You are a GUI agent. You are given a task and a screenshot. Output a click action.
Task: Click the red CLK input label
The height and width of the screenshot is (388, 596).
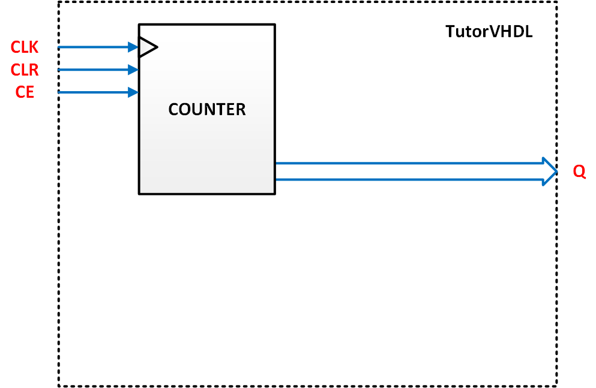[x=25, y=47]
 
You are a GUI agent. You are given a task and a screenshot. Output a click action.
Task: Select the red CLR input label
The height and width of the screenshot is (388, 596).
[x=25, y=70]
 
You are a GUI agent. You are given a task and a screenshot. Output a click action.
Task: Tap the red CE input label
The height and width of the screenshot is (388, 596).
[x=25, y=92]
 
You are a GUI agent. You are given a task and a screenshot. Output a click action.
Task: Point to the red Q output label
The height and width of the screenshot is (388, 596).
[x=579, y=172]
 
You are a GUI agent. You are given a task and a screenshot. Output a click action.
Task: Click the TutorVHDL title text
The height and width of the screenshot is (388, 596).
[x=489, y=32]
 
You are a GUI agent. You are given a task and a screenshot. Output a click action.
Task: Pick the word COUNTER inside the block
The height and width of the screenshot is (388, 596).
[x=207, y=110]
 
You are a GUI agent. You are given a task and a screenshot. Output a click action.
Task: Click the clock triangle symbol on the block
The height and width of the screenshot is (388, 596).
[x=147, y=47]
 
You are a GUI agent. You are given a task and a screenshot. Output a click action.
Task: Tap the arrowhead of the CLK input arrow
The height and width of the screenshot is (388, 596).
[x=133, y=47]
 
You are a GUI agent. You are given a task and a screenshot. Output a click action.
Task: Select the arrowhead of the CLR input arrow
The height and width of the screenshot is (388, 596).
[x=133, y=70]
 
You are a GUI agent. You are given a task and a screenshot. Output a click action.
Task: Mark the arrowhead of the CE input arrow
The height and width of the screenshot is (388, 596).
[x=133, y=92]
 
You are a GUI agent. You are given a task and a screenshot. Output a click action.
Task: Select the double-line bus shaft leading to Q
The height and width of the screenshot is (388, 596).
[x=408, y=171]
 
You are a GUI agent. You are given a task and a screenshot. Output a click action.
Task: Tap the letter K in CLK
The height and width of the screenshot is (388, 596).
[x=34, y=47]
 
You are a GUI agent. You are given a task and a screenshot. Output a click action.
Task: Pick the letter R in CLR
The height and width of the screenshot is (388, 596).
[x=34, y=70]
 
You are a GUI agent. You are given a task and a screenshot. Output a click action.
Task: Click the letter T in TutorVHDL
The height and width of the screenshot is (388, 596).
[x=450, y=32]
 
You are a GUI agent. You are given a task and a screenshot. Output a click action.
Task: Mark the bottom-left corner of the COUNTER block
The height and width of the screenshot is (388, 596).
[x=139, y=194]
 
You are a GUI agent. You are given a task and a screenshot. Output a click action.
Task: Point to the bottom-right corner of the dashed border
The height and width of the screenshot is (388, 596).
[x=557, y=386]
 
